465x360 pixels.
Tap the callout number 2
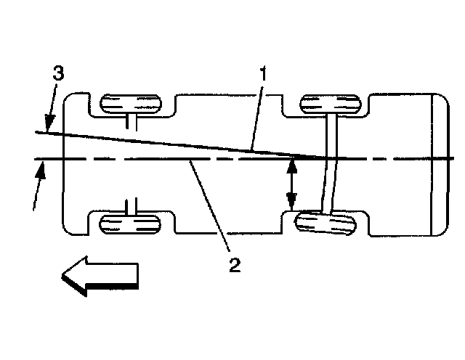pos(234,265)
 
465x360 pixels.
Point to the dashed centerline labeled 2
pos(145,157)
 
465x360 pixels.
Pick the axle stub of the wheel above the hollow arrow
pos(131,205)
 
